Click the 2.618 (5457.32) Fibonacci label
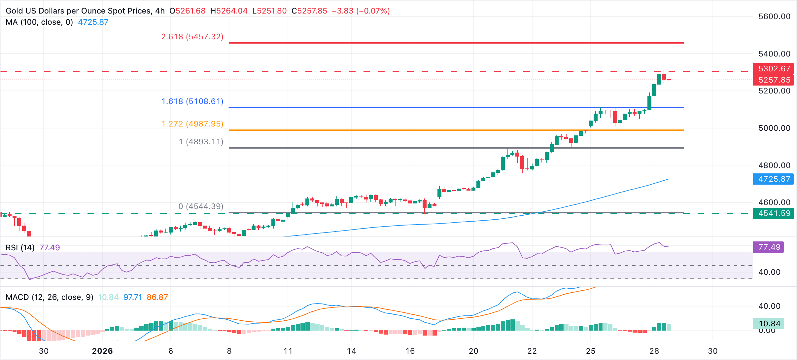click(x=192, y=37)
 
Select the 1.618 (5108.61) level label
click(x=192, y=101)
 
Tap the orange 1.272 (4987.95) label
click(x=192, y=124)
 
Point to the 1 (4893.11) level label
click(x=201, y=142)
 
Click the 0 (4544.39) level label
click(x=201, y=206)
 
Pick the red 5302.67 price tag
click(x=774, y=69)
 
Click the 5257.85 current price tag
click(x=774, y=80)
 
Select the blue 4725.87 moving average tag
click(x=774, y=179)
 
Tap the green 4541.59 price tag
click(x=774, y=213)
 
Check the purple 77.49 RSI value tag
click(x=769, y=247)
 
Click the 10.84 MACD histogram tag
click(x=769, y=324)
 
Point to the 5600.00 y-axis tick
click(x=774, y=17)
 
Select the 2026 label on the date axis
click(x=102, y=351)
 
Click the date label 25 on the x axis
click(x=591, y=351)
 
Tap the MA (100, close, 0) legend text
click(x=39, y=22)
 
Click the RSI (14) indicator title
click(x=20, y=248)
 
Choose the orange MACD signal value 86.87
click(x=157, y=297)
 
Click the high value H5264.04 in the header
click(x=229, y=11)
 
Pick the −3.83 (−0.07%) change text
click(x=361, y=11)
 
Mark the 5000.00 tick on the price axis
click(x=774, y=128)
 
